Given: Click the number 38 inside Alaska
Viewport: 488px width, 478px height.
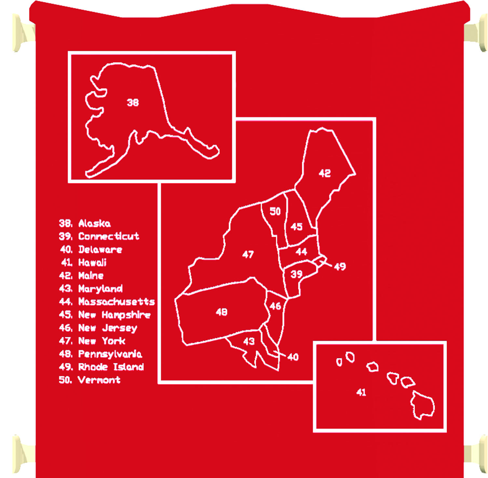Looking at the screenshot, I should tap(133, 103).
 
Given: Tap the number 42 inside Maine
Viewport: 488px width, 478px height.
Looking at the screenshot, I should tap(325, 173).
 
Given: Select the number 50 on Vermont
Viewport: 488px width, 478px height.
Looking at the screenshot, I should tap(275, 211).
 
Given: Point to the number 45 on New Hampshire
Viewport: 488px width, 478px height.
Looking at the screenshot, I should tap(296, 227).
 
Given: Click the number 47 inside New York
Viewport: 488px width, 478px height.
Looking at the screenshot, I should tap(248, 254).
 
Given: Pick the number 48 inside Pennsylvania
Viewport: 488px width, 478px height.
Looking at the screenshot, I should tap(222, 312).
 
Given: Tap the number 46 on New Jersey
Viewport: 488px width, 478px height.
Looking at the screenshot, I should tap(275, 306).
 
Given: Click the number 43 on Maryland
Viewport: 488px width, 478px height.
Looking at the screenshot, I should tap(249, 341).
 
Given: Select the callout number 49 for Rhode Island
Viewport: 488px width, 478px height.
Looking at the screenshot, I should tap(340, 267).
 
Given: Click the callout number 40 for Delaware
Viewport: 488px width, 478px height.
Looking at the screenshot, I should tap(293, 357).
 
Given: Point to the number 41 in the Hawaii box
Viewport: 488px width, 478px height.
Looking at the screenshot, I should tap(361, 392).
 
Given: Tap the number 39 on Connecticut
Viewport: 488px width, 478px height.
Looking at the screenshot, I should tap(296, 274).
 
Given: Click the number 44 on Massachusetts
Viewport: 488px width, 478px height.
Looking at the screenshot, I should tap(301, 252).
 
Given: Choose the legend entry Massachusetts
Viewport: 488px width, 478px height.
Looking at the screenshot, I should tap(116, 302).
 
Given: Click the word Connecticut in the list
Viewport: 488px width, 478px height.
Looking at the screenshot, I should tap(109, 236).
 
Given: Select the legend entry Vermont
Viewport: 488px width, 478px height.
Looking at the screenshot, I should tap(99, 380).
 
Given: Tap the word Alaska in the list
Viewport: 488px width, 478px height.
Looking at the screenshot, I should tap(94, 223).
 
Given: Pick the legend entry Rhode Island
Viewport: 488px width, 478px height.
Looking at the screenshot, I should tap(111, 367).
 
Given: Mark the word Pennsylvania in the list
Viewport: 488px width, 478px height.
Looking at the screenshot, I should tap(110, 354).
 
